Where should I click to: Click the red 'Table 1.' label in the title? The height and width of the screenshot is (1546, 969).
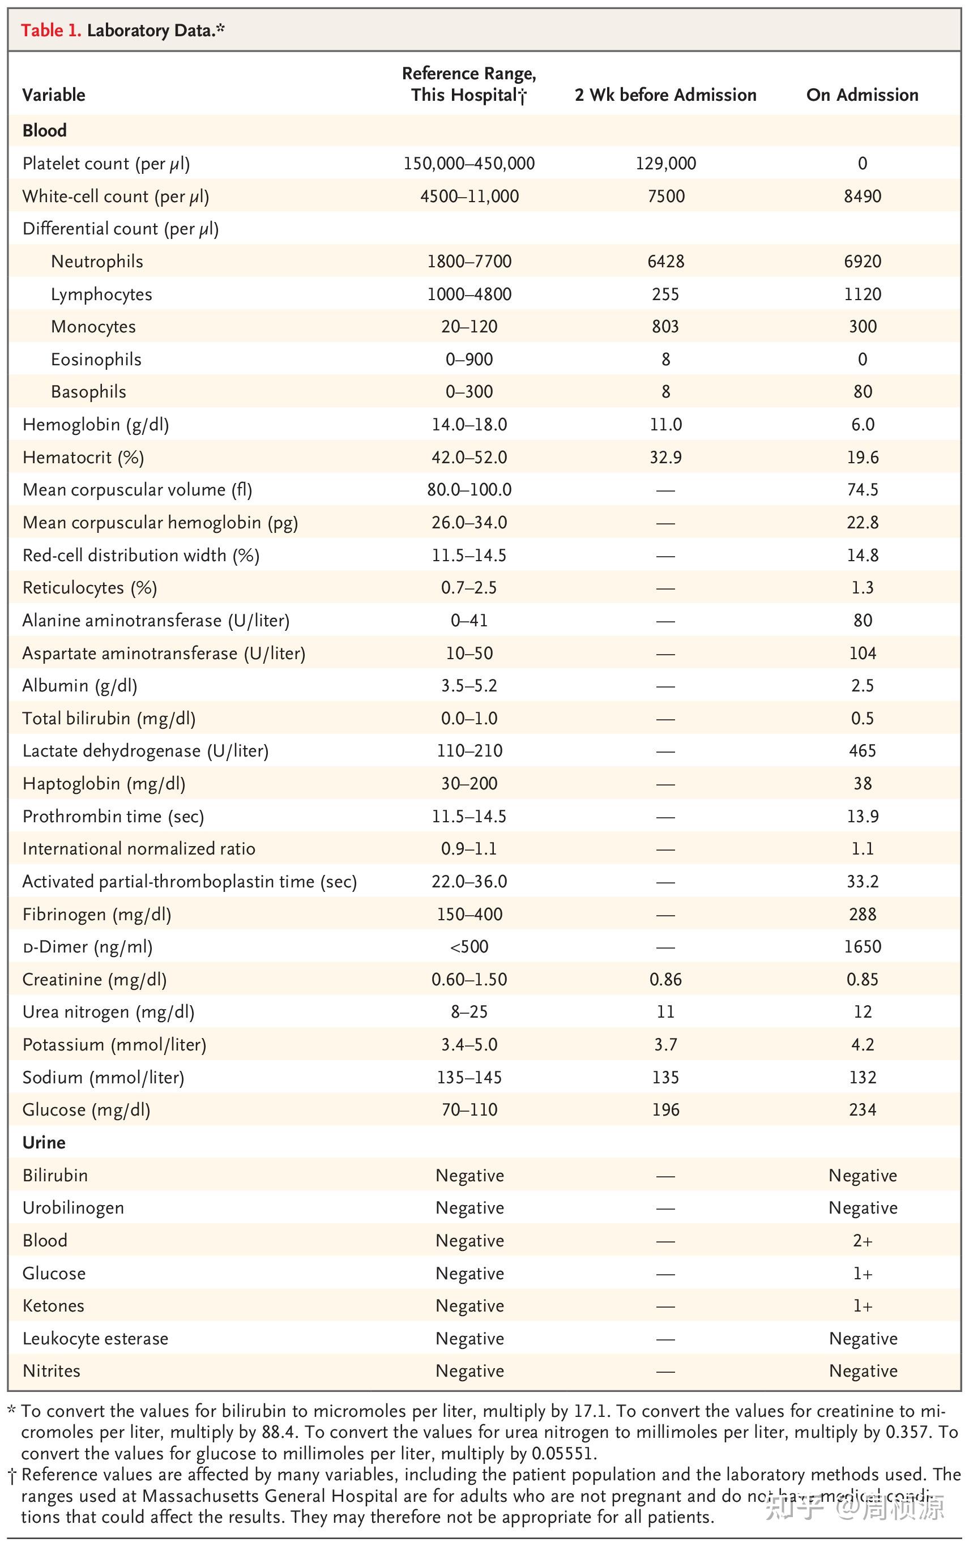pyautogui.click(x=50, y=30)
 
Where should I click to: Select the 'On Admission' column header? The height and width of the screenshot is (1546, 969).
pyautogui.click(x=862, y=95)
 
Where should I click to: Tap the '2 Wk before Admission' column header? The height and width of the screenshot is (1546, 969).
pyautogui.click(x=665, y=95)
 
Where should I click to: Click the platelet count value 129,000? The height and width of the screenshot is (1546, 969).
pyautogui.click(x=665, y=163)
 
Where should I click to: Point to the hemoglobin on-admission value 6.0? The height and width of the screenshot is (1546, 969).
pyautogui.click(x=862, y=424)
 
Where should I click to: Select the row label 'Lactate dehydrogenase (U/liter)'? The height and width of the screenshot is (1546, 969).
pyautogui.click(x=146, y=750)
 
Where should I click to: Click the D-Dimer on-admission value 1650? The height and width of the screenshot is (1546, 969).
pyautogui.click(x=862, y=946)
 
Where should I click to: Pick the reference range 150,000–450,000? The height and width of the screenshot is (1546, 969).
pyautogui.click(x=469, y=163)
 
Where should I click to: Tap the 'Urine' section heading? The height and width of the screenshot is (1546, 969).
pyautogui.click(x=44, y=1142)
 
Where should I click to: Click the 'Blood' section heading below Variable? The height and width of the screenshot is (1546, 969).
pyautogui.click(x=44, y=130)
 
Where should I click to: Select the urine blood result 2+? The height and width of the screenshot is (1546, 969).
pyautogui.click(x=862, y=1240)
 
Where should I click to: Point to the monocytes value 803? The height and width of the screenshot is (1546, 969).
pyautogui.click(x=665, y=326)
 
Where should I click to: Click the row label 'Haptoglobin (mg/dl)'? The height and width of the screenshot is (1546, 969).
pyautogui.click(x=104, y=783)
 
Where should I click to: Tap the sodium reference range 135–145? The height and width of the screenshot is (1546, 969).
pyautogui.click(x=469, y=1077)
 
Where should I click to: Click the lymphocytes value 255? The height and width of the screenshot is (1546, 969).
pyautogui.click(x=665, y=294)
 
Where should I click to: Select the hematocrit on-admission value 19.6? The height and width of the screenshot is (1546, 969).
pyautogui.click(x=862, y=457)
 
